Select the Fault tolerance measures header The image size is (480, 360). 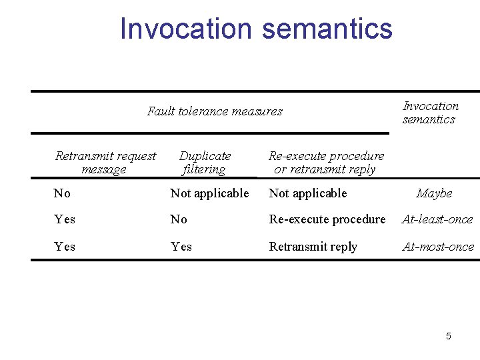[x=215, y=111]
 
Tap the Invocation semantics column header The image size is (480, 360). [x=430, y=113]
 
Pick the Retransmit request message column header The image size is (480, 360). [x=105, y=163]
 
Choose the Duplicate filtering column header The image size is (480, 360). [x=205, y=163]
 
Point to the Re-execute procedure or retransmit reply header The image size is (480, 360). [x=326, y=163]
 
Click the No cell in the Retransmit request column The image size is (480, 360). [x=62, y=193]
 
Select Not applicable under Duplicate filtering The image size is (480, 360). [x=209, y=193]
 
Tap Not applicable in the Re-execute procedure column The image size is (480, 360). [x=307, y=193]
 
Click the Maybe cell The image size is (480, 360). [x=434, y=193]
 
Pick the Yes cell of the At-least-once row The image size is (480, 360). [x=65, y=219]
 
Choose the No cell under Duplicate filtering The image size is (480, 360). [x=179, y=219]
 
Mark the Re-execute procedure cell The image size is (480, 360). [x=327, y=219]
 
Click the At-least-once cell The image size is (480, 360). [x=437, y=219]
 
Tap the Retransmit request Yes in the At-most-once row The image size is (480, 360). [x=65, y=247]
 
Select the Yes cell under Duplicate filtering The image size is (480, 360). [x=181, y=247]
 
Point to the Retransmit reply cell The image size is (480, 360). [x=313, y=247]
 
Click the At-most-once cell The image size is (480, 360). [x=438, y=247]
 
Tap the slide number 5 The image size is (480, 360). [x=448, y=336]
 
